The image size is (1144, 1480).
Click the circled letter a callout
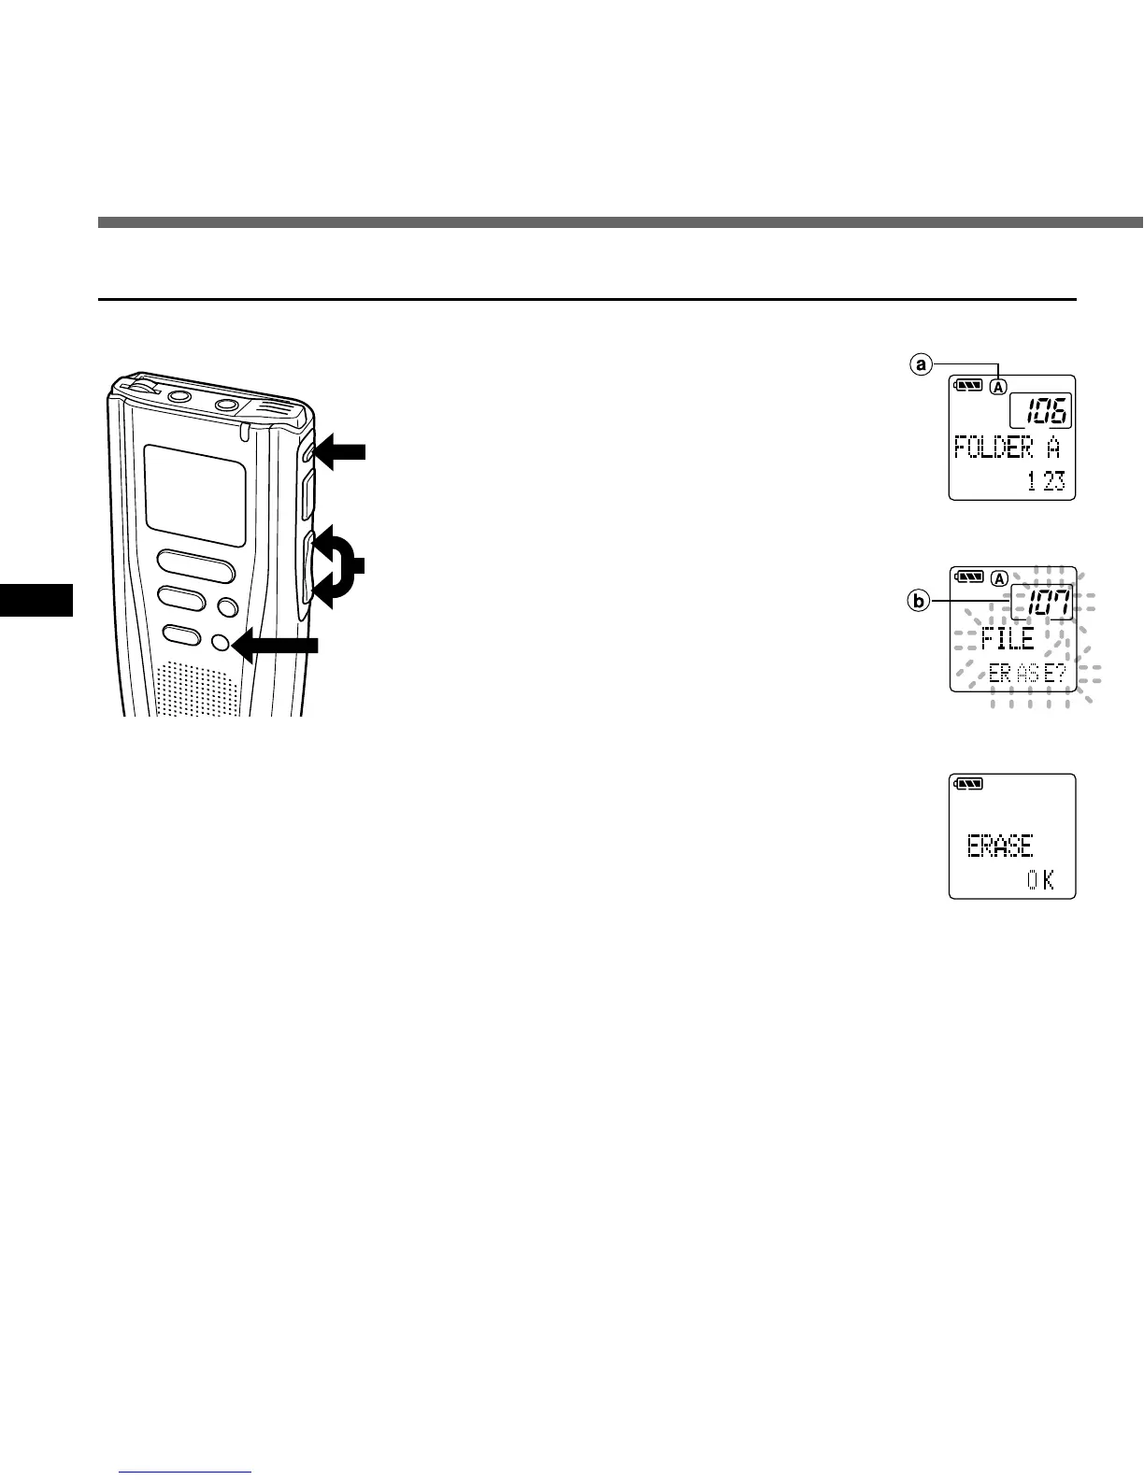tap(921, 365)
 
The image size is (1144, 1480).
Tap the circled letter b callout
tap(920, 601)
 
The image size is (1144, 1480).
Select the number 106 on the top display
tap(1041, 411)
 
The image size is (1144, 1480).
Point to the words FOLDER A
tap(1008, 448)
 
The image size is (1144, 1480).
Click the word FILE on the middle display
tap(1008, 639)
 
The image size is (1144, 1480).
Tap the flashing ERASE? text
tap(1026, 673)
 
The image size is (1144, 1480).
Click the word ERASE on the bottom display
tap(1000, 847)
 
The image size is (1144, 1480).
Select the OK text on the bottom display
tap(1040, 879)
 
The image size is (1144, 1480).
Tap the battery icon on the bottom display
tap(968, 784)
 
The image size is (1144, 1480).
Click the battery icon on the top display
tap(968, 385)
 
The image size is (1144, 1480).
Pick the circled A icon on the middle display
tap(1001, 578)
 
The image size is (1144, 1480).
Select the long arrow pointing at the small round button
tap(276, 644)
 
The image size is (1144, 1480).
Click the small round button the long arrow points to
tap(221, 642)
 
